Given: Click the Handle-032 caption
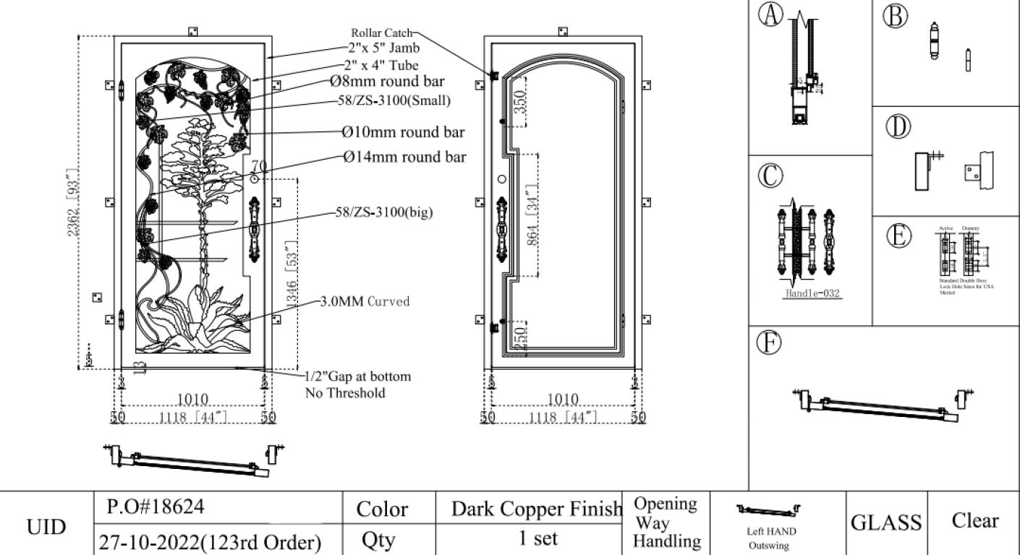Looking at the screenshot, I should (x=813, y=294).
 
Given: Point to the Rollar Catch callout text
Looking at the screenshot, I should (x=381, y=33).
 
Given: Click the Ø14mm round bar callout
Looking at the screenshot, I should (x=404, y=157).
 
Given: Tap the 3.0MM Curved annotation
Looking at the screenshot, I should (x=365, y=301).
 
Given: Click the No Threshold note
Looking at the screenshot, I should (x=344, y=393).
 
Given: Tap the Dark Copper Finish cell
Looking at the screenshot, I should (x=536, y=509).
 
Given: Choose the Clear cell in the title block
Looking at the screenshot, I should (x=974, y=521).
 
